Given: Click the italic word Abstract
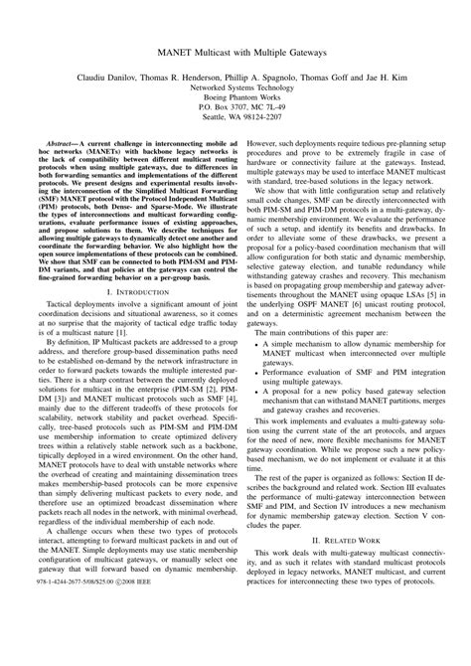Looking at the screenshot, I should (x=64, y=144).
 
